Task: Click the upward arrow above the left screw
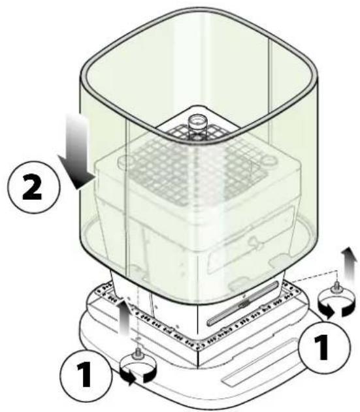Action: coord(124,318)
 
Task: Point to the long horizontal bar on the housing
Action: coord(242,303)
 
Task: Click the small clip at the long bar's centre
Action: coord(244,302)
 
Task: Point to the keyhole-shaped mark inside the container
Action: coord(254,241)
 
